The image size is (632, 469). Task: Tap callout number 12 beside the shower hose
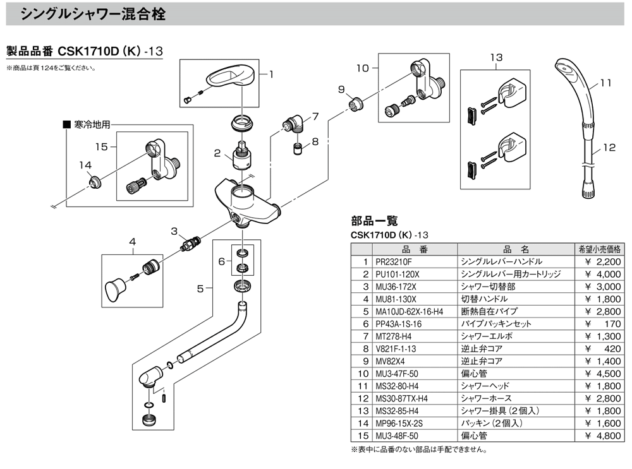point(609,149)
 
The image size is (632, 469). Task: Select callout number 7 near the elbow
point(316,116)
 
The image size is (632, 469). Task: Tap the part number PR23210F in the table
point(393,261)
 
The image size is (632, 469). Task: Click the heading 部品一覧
point(374,221)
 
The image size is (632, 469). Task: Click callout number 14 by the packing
point(85,165)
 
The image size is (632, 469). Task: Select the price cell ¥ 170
point(605,323)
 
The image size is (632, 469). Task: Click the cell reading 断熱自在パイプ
point(489,311)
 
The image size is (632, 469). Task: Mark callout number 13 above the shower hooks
point(496,57)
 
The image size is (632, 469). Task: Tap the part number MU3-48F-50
point(396,436)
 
